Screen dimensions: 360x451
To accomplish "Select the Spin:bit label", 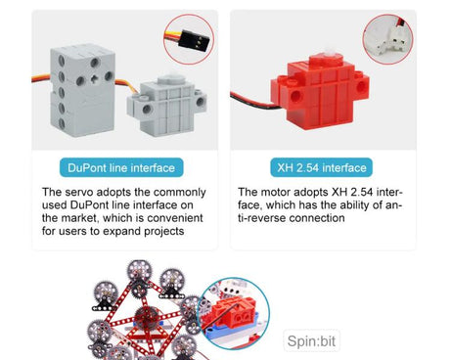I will (x=312, y=341).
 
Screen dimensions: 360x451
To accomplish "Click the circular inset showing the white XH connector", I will (x=386, y=40).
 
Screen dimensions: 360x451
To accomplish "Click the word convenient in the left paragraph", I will (x=173, y=218).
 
